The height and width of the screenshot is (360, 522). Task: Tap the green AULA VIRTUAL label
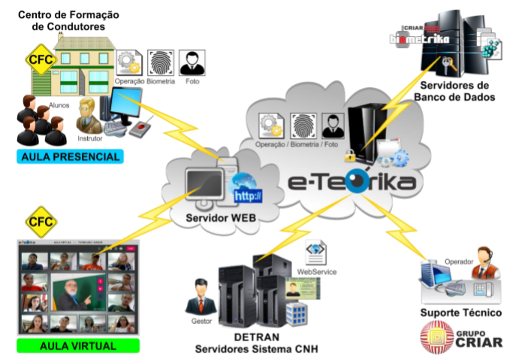coord(78,346)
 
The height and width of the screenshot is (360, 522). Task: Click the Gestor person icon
coord(201,295)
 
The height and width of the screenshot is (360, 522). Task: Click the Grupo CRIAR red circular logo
coord(436,337)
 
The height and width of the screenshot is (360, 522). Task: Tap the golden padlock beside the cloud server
coord(349,156)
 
